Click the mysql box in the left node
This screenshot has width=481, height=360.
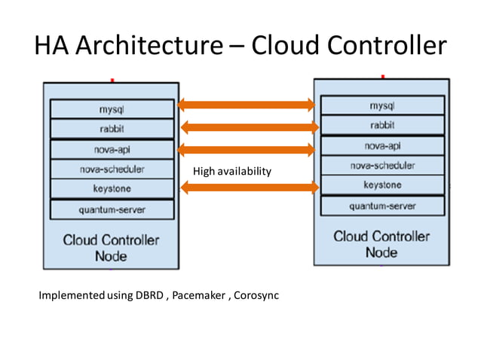click(112, 109)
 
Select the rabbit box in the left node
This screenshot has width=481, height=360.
click(112, 129)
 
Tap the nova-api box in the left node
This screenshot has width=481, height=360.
click(112, 149)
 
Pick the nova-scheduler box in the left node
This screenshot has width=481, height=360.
click(112, 169)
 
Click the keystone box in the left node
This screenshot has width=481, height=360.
click(112, 189)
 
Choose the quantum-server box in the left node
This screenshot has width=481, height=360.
click(112, 209)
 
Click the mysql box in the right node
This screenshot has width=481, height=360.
click(382, 105)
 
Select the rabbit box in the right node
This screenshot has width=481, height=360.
click(382, 125)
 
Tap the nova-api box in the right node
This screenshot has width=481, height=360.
click(382, 145)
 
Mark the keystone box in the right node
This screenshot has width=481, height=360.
click(382, 185)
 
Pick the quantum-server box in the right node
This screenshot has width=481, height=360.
click(382, 206)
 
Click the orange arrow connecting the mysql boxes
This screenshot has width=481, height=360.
click(247, 105)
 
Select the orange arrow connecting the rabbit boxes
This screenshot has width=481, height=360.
click(247, 127)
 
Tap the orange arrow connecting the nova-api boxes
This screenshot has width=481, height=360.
click(247, 149)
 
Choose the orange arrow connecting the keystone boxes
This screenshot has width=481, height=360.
click(247, 188)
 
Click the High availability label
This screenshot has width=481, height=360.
click(231, 172)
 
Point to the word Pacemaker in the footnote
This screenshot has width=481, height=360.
click(199, 295)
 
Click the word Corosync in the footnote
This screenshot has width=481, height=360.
click(256, 295)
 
